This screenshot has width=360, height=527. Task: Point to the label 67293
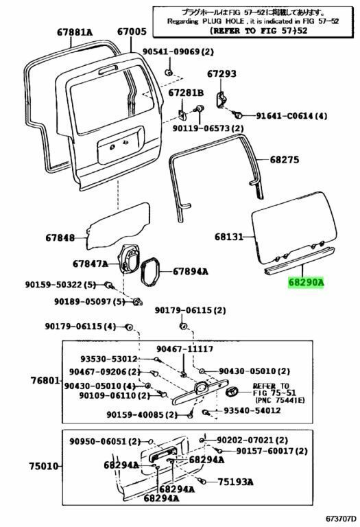tap(221, 73)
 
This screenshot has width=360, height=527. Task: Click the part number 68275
tap(284, 159)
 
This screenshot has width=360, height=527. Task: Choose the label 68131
tap(229, 237)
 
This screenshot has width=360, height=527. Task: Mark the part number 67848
tap(61, 238)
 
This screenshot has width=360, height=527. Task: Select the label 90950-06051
tap(100, 441)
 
